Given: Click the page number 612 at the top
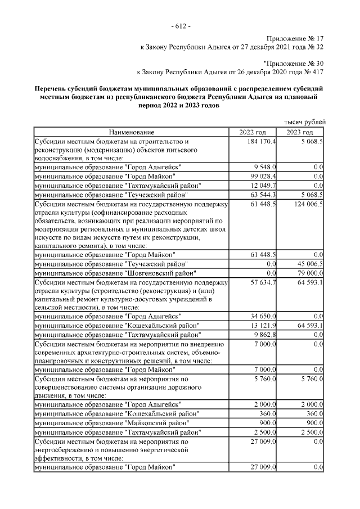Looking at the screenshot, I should (180, 26).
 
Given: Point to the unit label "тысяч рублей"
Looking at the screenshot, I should (304, 122).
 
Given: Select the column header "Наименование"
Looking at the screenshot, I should (132, 132).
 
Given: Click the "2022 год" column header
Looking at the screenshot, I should (253, 132).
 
